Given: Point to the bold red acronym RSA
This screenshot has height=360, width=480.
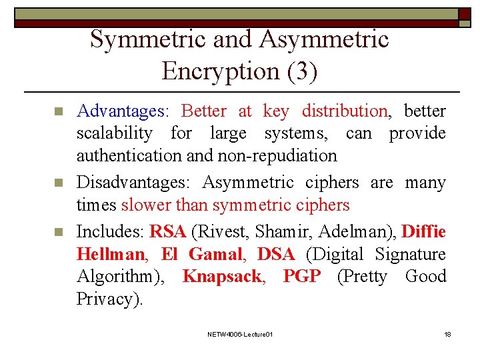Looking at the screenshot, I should (167, 231).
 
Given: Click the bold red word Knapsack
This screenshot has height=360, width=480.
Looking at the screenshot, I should (222, 276).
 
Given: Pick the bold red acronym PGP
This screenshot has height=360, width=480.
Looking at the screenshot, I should (301, 276).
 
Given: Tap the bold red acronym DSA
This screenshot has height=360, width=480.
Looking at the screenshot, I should (275, 254).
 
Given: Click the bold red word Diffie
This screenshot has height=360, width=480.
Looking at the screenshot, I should (424, 231).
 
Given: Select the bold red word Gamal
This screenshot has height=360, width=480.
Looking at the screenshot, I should (214, 254).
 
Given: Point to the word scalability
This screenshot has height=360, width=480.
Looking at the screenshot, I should (114, 133).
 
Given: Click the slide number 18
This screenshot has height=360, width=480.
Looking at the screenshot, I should (448, 333).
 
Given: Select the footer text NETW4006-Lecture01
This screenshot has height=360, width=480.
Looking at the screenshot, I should (240, 333).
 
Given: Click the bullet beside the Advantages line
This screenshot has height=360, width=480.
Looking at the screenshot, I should (58, 111).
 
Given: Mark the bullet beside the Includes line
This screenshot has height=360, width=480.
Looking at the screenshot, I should (58, 232).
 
